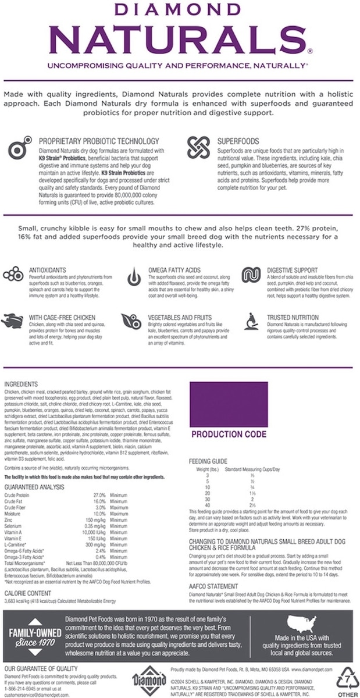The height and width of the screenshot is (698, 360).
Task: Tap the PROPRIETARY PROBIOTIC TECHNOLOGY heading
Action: tap(98, 141)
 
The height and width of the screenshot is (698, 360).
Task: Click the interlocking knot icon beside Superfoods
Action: tap(197, 147)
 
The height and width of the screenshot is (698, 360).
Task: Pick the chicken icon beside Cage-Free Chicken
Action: tap(12, 319)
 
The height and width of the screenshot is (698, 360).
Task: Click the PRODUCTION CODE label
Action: tap(229, 434)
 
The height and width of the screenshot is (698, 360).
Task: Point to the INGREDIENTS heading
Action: tap(21, 384)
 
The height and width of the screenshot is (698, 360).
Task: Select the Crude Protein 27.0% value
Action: tap(99, 495)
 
